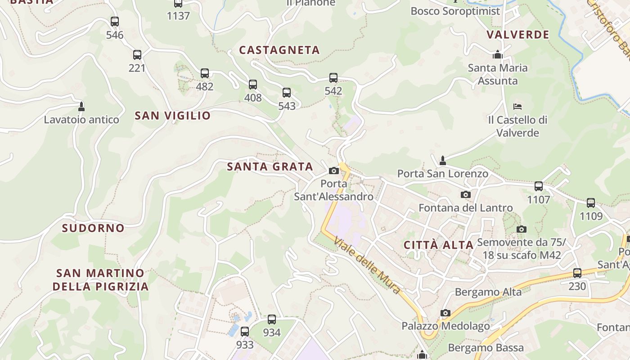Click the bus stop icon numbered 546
point(115,21)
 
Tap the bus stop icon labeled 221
point(137,55)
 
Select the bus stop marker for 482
point(205,73)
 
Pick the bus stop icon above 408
point(253,84)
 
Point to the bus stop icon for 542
point(333,77)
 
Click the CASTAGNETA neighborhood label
point(279,50)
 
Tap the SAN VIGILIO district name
point(173,116)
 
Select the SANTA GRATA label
point(270,166)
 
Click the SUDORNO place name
point(93,228)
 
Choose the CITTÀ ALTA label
point(439,245)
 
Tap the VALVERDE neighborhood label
point(518,35)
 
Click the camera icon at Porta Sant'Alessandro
point(334,171)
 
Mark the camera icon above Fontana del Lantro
point(466,194)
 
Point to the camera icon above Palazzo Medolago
point(445,313)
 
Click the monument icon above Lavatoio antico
point(81,107)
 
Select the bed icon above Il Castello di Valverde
point(517,107)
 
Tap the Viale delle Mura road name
point(367,265)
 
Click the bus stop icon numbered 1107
point(539,186)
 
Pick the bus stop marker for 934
point(272,319)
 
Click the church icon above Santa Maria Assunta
point(498,54)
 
